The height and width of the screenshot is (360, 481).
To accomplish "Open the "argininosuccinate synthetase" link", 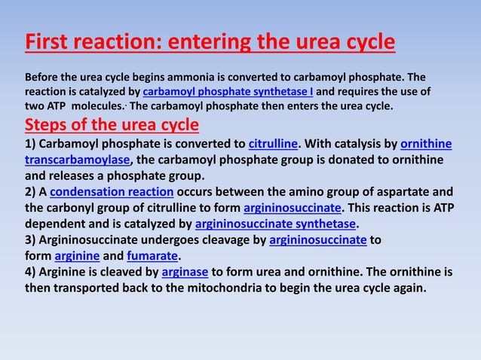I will point(275,224).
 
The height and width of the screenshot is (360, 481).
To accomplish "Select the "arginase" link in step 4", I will point(184,273).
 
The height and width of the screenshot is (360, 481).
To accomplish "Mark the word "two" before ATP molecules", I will point(35,106).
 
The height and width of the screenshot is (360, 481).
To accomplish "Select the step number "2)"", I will point(32,191).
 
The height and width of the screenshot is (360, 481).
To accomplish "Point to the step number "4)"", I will point(32,273).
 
